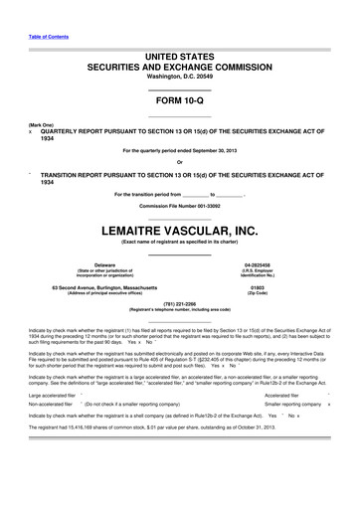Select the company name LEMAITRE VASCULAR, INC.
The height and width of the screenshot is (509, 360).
tap(179, 232)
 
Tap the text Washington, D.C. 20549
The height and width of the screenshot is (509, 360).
tap(179, 75)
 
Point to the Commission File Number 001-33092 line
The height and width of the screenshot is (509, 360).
tap(179, 204)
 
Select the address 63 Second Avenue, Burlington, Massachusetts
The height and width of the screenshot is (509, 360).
tap(104, 290)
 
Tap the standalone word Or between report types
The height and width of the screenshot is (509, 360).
tap(179, 162)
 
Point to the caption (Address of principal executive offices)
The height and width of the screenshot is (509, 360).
tap(104, 296)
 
